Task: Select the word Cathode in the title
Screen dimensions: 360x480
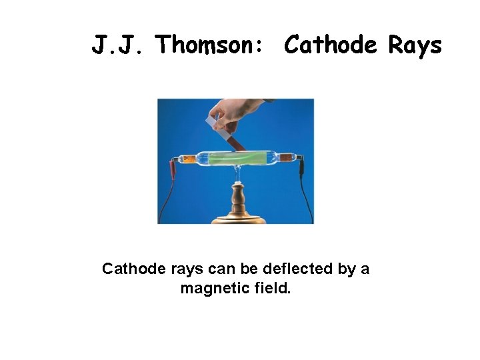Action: [330, 45]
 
